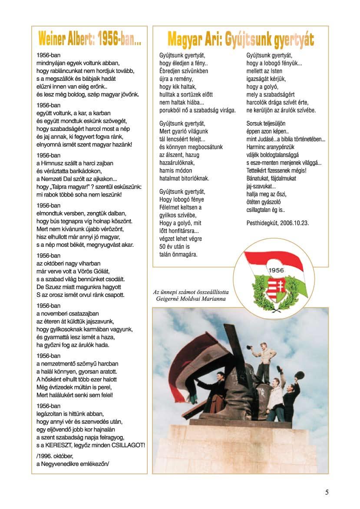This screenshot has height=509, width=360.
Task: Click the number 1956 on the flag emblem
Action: point(276,271)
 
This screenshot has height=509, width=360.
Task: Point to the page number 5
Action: point(327,492)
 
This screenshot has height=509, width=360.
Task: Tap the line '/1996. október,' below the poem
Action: point(55,456)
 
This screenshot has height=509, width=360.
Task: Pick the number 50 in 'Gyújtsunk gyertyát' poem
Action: point(163,246)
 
